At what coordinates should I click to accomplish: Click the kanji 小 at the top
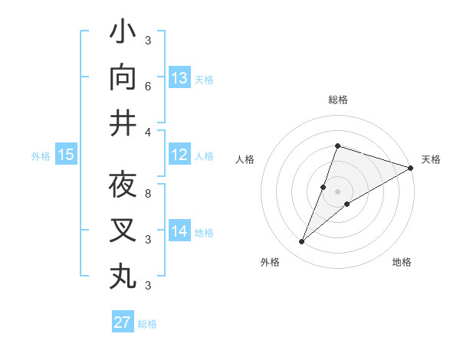(x=123, y=33)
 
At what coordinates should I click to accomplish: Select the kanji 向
(x=123, y=78)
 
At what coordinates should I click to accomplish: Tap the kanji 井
(x=123, y=123)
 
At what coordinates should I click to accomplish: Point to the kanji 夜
(x=123, y=185)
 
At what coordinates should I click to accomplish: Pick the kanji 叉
(x=123, y=230)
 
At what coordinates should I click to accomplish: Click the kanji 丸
(x=123, y=275)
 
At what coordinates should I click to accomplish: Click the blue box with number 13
(x=179, y=78)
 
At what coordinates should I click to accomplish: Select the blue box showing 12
(x=179, y=155)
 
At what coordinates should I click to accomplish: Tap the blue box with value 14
(x=179, y=231)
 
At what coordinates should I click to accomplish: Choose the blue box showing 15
(x=66, y=155)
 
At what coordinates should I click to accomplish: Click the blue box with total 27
(x=123, y=322)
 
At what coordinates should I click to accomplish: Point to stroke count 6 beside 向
(x=148, y=87)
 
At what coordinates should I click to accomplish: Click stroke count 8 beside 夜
(x=148, y=195)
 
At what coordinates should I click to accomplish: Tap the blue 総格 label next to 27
(x=148, y=324)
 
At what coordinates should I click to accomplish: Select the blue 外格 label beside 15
(x=41, y=156)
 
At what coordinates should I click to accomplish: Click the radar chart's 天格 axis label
(x=431, y=159)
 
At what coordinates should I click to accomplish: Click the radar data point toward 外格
(x=302, y=242)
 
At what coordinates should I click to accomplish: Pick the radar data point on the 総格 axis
(x=337, y=146)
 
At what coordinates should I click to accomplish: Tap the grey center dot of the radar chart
(x=338, y=191)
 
